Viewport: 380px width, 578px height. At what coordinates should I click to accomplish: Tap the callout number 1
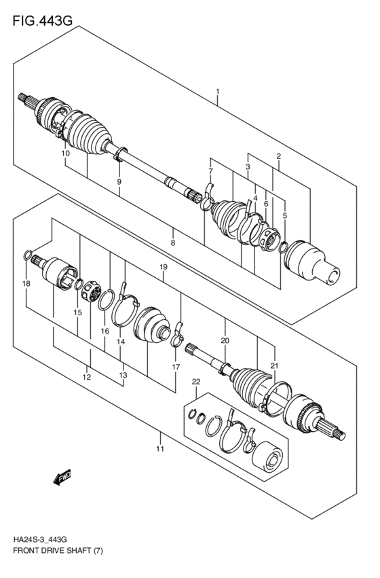click(217, 91)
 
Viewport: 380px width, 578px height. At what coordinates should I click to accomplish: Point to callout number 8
click(173, 242)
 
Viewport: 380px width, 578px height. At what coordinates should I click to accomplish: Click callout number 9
click(119, 182)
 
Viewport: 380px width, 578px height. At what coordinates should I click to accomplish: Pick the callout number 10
click(65, 154)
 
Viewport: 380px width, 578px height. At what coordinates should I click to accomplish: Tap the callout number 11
click(160, 449)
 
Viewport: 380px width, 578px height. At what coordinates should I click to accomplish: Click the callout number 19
click(163, 268)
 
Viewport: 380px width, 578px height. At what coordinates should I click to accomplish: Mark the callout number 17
click(175, 367)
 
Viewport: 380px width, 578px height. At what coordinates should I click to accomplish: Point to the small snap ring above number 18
click(26, 256)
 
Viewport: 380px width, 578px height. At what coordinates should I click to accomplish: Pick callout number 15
click(78, 312)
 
